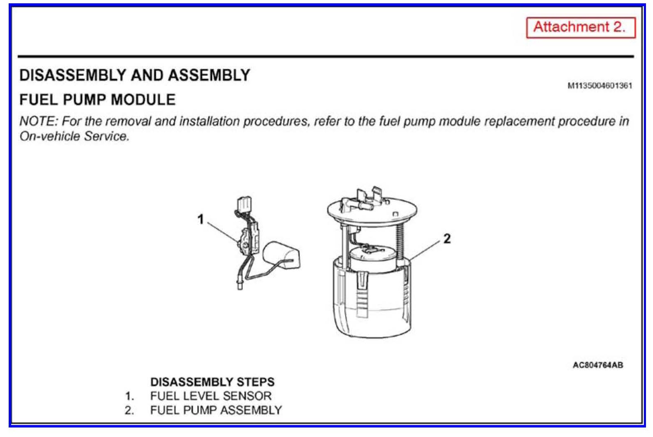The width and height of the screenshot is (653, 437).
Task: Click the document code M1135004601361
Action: coord(600,86)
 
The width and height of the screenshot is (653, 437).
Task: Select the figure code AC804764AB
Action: coord(598,365)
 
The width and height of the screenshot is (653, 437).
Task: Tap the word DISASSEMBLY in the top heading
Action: coord(73,75)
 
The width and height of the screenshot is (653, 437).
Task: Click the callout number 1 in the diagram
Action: coord(201,219)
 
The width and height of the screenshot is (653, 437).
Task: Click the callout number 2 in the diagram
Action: coord(447,239)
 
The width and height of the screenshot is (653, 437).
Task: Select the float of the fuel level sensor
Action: coord(282,255)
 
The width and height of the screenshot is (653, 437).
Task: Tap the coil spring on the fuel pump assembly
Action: coord(400,242)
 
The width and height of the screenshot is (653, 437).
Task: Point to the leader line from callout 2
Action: coord(424,251)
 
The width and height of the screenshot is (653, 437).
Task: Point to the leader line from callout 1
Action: coord(223,232)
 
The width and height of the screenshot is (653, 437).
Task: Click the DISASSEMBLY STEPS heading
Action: coord(213,382)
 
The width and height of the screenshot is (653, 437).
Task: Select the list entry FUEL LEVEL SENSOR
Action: coord(211,396)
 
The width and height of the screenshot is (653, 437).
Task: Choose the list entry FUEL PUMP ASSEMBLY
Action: coord(216,410)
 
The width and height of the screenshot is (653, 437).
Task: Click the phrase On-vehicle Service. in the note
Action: coord(74,136)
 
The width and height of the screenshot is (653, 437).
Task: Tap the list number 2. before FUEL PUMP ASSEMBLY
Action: coord(129,411)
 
